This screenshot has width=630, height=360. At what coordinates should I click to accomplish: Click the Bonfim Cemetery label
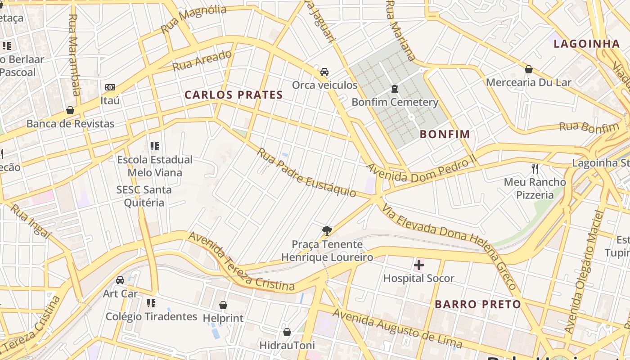coord(395,102)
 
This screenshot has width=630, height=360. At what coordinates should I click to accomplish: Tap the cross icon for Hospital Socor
coord(419,265)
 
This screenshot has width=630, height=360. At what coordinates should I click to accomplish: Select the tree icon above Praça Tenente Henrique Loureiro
coord(327,231)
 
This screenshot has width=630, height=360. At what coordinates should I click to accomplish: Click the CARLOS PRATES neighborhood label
coord(234,95)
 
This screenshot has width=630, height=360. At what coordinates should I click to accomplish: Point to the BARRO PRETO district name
coord(477,304)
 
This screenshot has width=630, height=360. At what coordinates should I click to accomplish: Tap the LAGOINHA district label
coord(587,44)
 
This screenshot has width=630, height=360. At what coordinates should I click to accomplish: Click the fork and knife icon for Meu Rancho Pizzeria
coord(535,169)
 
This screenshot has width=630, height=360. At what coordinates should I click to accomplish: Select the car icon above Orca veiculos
coord(324,72)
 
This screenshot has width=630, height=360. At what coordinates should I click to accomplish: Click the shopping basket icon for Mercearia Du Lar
coord(529,69)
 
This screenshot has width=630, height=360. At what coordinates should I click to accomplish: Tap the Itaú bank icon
coord(110,87)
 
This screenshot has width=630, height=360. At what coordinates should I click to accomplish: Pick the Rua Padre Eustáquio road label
coord(306,172)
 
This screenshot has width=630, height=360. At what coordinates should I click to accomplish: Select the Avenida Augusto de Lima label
coord(397,329)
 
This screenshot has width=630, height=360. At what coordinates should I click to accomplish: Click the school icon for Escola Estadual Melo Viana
coord(155,146)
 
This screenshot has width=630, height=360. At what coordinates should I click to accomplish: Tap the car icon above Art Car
coord(120,280)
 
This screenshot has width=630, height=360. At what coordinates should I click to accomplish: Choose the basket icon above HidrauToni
coord(287,333)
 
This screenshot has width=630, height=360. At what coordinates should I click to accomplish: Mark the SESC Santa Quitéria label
coord(144,196)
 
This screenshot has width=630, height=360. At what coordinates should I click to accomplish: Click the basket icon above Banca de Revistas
coord(70,110)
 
